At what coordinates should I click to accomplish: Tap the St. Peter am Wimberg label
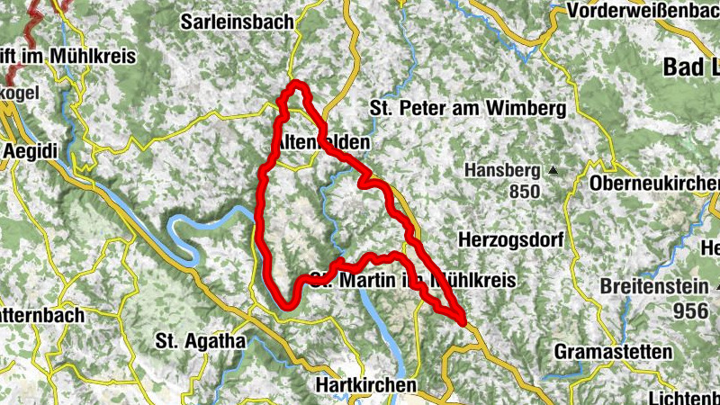pos(467,109)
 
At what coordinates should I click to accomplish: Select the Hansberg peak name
pos(501,170)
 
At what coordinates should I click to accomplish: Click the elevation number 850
pos(522,191)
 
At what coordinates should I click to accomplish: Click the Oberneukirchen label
pos(653,183)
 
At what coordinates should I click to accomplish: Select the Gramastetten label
pos(614,351)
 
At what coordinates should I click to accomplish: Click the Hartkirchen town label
pos(368,384)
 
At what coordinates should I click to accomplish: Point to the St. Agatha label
pos(200,341)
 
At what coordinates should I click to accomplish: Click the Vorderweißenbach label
pos(643,13)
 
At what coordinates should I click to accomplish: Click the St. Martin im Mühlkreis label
pos(412,281)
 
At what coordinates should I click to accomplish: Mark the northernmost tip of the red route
pos(295,85)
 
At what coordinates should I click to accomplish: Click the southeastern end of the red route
pos(463,319)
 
